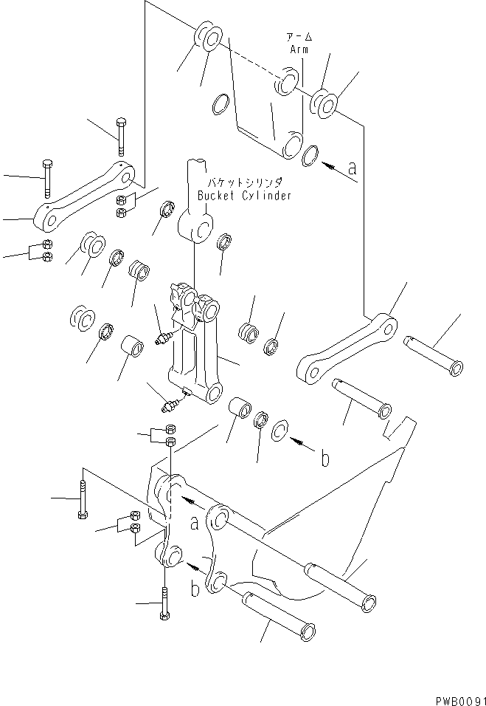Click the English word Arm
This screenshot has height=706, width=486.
coord(299,50)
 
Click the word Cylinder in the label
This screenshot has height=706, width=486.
coord(268,196)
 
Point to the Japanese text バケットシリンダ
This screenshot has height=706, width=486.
coord(249,182)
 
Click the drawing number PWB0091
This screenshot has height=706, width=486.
coord(455,696)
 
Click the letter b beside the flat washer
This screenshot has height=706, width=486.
coord(323,459)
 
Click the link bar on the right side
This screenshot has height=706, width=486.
coord(346,348)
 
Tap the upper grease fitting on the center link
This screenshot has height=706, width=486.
coord(164,338)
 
